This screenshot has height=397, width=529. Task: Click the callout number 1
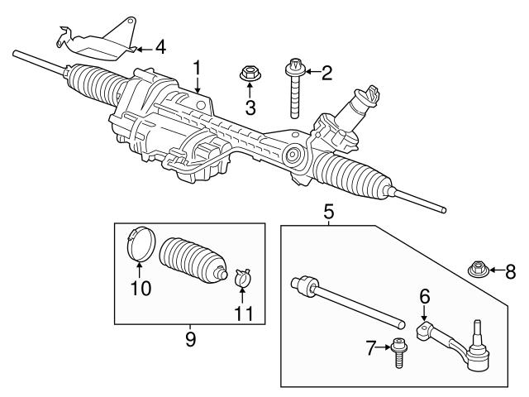point(197,66)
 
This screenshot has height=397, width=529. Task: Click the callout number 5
point(328,213)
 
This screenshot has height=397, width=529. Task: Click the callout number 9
point(190,339)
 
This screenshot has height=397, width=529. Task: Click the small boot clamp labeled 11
point(242,275)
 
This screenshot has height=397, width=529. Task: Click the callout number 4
point(160,47)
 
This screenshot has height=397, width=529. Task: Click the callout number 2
point(326,73)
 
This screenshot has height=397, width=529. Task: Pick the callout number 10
point(141,288)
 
